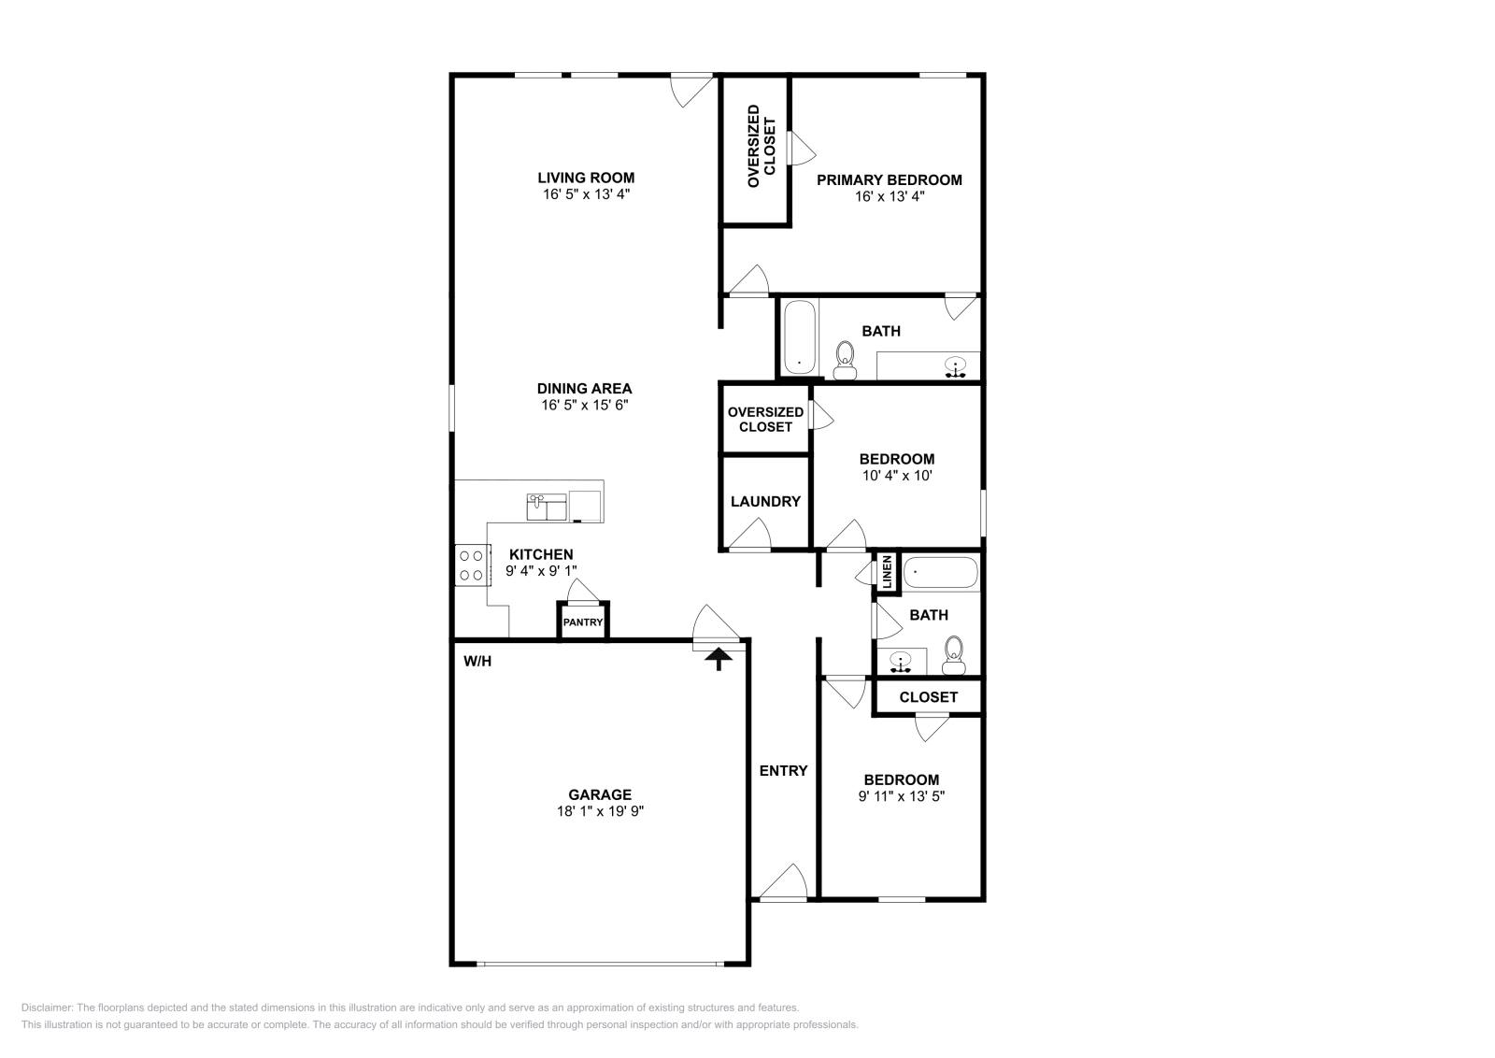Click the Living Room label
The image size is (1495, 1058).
585,178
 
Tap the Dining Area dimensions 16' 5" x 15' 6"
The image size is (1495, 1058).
585,406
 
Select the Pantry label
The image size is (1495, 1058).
583,622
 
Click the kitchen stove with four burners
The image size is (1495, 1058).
471,565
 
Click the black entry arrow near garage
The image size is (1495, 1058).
718,660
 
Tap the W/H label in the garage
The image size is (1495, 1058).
477,662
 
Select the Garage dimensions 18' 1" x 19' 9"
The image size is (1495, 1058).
600,812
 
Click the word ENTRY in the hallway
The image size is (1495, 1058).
783,771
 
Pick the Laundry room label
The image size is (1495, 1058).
765,502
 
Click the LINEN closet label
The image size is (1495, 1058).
887,572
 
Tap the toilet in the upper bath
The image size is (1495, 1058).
845,359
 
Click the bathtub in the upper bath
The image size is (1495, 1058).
798,336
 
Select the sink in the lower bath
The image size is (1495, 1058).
901,662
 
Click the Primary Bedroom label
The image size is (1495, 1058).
889,180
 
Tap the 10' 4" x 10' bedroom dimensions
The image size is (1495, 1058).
896,476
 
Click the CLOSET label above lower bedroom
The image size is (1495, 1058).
928,697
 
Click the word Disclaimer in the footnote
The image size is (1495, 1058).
46,1008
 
